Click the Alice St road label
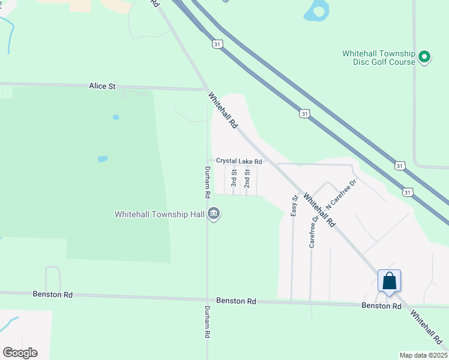pyautogui.click(x=102, y=86)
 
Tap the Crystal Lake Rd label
pyautogui.click(x=239, y=161)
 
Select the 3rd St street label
pyautogui.click(x=234, y=178)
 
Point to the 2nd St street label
pyautogui.click(x=247, y=178)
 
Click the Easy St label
pyautogui.click(x=295, y=205)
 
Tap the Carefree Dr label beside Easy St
pyautogui.click(x=313, y=232)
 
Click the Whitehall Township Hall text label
pyautogui.click(x=160, y=214)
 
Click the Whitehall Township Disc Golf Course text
pyautogui.click(x=379, y=58)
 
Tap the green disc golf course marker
pyautogui.click(x=425, y=58)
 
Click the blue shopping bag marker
pyautogui.click(x=389, y=281)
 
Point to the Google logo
pyautogui.click(x=20, y=353)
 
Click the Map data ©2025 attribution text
pyautogui.click(x=423, y=355)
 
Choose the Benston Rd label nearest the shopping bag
pyautogui.click(x=381, y=306)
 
